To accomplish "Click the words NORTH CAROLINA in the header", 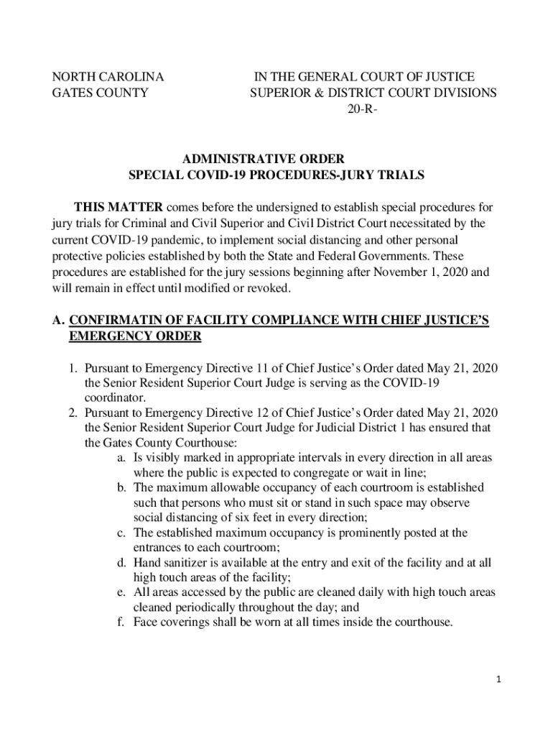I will [x=108, y=76].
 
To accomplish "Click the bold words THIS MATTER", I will [x=118, y=207].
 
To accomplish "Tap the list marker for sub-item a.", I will [x=122, y=457].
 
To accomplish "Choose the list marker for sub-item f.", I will [x=122, y=622].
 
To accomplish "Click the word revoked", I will [x=269, y=288].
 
